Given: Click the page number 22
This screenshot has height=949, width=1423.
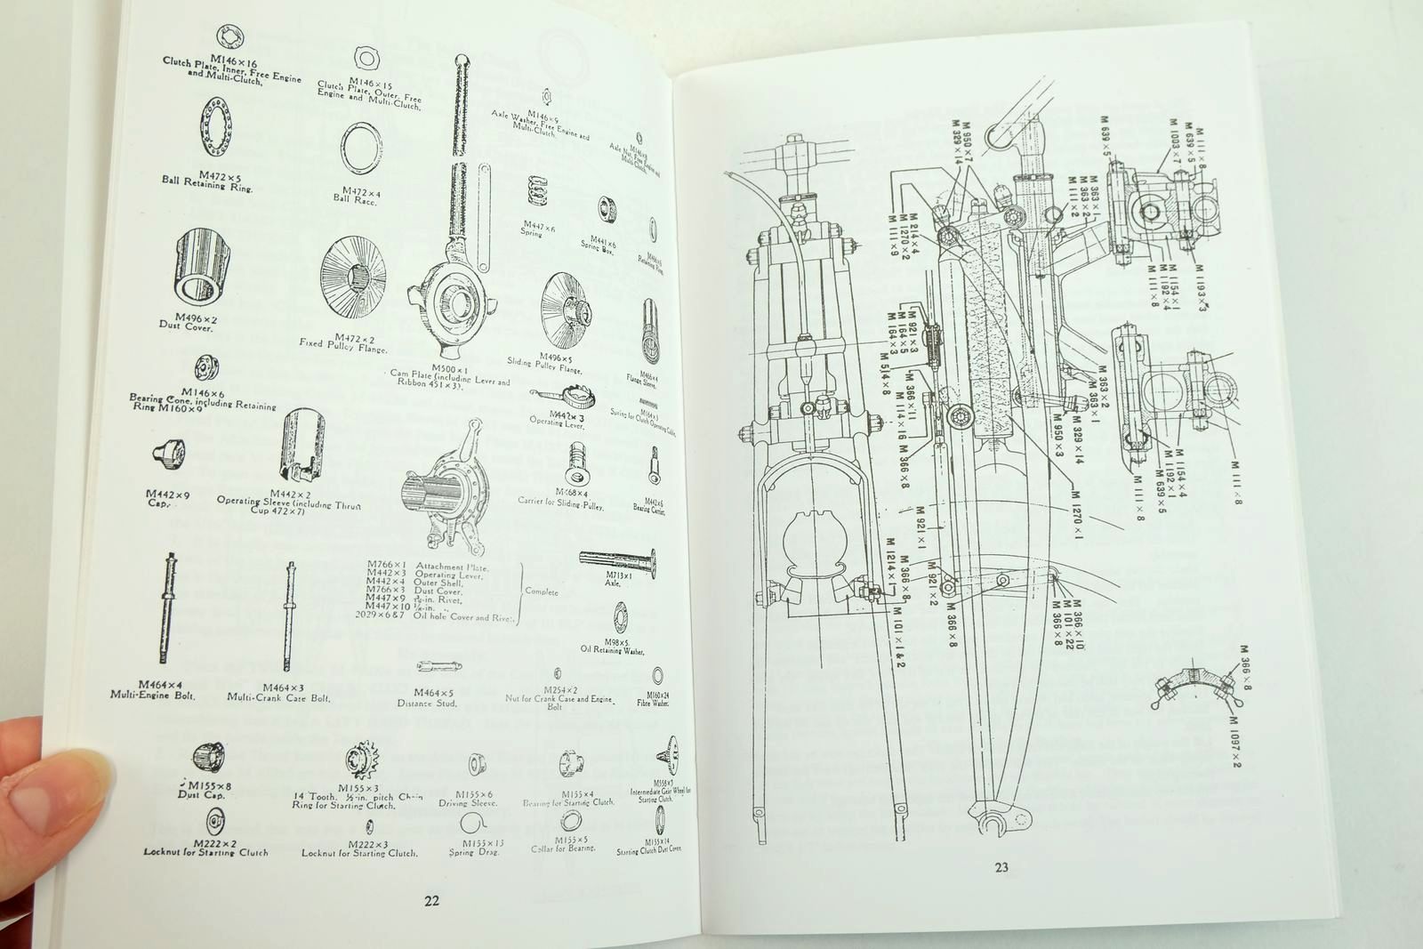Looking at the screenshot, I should pos(431,900).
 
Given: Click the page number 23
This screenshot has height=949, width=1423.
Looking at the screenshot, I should pos(1001,868).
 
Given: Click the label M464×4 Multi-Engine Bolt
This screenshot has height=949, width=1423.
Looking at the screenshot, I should pos(165,689).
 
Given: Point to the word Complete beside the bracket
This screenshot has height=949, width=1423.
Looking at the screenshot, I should pos(542,591).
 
